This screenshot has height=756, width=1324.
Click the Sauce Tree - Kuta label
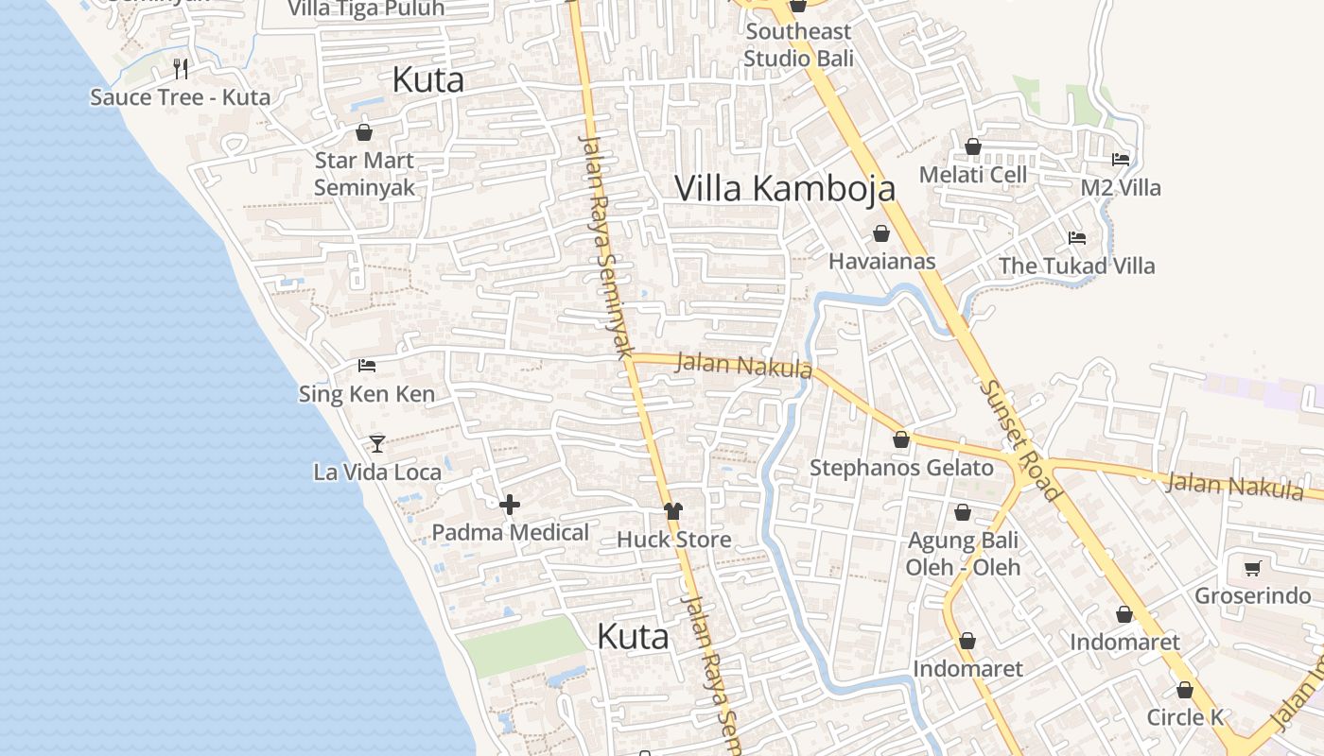[180, 97]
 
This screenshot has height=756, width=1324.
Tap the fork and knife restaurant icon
[181, 68]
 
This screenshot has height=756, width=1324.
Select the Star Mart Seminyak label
[364, 174]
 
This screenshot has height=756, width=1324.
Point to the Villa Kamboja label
[784, 188]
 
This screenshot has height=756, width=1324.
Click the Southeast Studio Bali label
[798, 44]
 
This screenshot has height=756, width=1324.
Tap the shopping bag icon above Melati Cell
[972, 147]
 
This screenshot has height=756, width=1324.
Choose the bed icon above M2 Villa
[1121, 160]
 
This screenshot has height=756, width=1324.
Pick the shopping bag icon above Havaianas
[881, 233]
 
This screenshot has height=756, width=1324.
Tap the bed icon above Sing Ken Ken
[367, 366]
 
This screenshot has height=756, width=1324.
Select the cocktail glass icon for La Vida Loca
[377, 443]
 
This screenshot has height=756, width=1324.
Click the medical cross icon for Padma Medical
[510, 505]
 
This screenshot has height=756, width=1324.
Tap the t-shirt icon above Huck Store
[672, 511]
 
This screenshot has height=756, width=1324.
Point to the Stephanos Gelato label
[901, 468]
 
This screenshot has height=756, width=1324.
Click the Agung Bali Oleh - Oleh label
[963, 554]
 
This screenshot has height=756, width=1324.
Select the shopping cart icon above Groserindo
[1252, 568]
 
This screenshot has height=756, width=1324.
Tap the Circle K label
[1185, 717]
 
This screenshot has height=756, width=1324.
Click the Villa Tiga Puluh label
[366, 9]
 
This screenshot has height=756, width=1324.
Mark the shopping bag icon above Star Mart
[364, 132]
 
